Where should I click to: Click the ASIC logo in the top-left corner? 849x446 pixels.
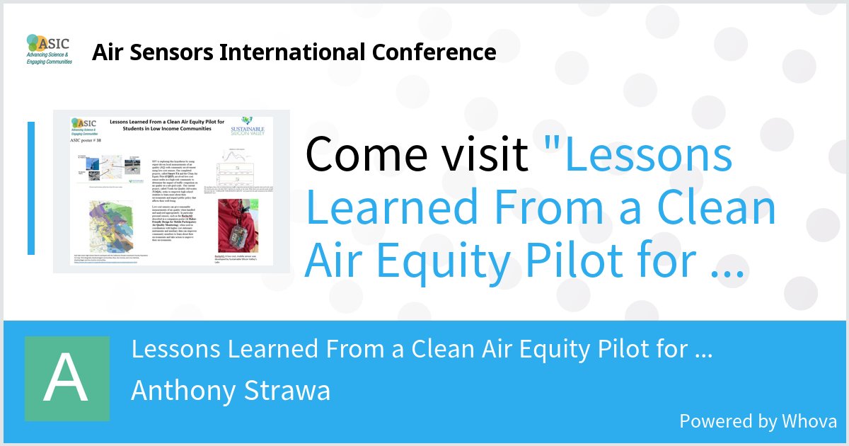[49, 50]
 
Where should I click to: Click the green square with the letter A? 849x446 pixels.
[67, 379]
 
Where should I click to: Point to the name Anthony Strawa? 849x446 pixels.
[231, 390]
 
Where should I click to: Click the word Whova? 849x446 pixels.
[809, 421]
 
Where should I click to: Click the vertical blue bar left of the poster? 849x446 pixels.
[31, 188]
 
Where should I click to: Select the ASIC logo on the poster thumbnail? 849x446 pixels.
[85, 127]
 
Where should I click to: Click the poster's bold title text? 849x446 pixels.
[166, 125]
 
